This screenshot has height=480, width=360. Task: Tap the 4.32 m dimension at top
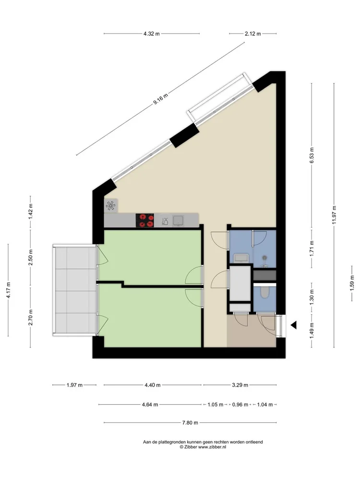pos(152,34)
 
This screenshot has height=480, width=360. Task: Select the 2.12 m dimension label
pos(252,34)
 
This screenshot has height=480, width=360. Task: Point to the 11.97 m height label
pos(335,215)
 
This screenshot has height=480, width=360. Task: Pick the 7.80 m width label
pos(191,423)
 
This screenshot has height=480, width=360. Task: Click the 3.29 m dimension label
pos(240,385)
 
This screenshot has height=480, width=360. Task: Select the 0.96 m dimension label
pos(240,405)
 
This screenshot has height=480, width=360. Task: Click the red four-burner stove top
pos(145,220)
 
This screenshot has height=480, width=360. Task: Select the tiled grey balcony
pos(74,290)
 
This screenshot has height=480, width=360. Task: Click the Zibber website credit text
pos(203,447)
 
